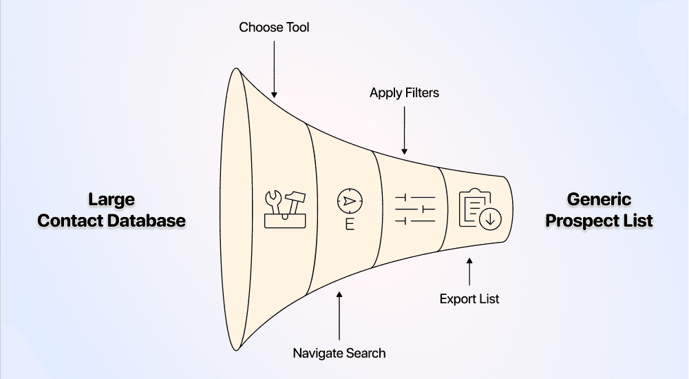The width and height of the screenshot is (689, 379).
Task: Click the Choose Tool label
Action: [274, 28]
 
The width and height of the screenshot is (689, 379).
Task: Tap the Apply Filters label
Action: [404, 92]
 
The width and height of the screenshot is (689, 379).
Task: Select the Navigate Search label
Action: [339, 353]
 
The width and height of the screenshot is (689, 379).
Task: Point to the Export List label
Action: [469, 299]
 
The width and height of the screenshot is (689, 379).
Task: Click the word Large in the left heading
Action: [112, 200]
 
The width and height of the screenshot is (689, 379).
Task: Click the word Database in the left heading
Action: [151, 221]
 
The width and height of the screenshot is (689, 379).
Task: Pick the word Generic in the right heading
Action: [599, 200]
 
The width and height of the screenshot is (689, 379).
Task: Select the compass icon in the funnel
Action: [350, 201]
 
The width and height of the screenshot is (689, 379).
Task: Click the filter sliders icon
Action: [415, 208]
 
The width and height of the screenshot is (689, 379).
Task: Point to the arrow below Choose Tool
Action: [274, 69]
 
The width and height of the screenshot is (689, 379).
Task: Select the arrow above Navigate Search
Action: [339, 317]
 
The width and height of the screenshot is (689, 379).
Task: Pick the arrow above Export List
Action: [469, 272]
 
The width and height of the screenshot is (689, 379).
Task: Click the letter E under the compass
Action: [350, 225]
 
